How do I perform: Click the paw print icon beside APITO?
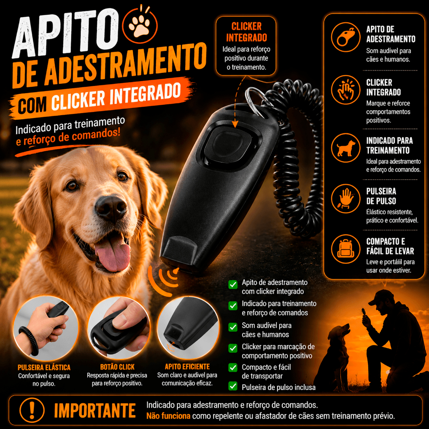[140, 26]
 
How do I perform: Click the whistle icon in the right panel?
[346, 37]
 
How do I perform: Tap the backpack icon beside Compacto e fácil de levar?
[346, 249]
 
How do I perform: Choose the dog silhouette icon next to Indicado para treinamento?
[346, 148]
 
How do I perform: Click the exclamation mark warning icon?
[32, 410]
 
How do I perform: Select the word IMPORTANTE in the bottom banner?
[95, 411]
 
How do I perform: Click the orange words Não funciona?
[168, 416]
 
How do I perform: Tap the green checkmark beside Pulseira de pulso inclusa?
[233, 386]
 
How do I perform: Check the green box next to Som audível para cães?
[233, 327]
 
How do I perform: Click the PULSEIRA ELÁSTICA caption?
[44, 367]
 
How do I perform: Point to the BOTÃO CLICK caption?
[117, 367]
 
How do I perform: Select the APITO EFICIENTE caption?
[187, 367]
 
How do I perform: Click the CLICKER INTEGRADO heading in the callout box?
[246, 32]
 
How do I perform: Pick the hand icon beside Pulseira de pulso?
[346, 199]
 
